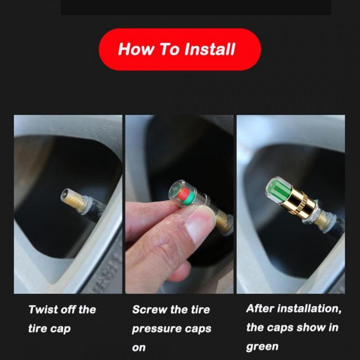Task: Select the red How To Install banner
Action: pyautogui.click(x=180, y=49)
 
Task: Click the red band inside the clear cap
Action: pyautogui.click(x=182, y=194)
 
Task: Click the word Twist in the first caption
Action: pyautogui.click(x=43, y=310)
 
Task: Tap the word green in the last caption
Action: pyautogui.click(x=262, y=347)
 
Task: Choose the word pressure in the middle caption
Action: pyautogui.click(x=154, y=328)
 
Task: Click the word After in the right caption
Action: pyautogui.click(x=260, y=309)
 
